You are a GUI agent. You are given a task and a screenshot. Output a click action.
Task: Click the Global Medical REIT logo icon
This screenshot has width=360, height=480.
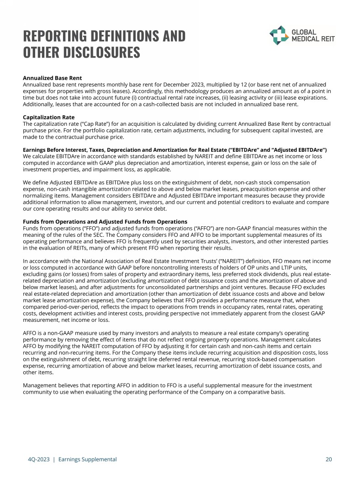click(x=279, y=35)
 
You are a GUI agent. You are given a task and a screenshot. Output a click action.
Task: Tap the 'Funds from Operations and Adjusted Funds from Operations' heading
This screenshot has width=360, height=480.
click(x=105, y=222)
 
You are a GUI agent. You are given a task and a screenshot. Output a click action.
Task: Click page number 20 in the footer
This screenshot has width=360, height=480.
click(x=328, y=459)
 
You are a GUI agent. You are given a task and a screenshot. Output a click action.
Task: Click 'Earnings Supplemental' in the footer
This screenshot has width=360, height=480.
click(x=87, y=459)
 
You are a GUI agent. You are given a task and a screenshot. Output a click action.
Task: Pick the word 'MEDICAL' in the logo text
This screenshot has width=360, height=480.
click(x=307, y=39)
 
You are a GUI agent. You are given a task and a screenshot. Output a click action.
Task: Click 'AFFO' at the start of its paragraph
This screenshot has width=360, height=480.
click(x=30, y=333)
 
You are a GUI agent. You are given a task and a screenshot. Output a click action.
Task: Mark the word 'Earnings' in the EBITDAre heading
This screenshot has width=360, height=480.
click(x=36, y=150)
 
